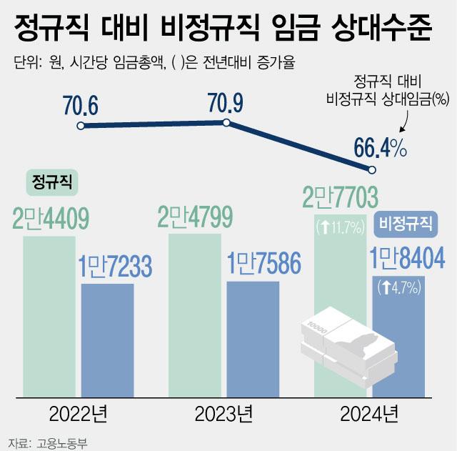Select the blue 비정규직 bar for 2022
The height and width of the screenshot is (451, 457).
pos(107,340)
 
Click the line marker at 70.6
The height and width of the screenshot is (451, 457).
pos(81,127)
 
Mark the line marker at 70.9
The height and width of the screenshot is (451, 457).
pos(226,123)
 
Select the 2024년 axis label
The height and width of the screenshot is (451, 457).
pos(370,413)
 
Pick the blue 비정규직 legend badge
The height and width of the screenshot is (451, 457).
pos(406,224)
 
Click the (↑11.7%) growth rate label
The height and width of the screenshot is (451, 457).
pos(340,227)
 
